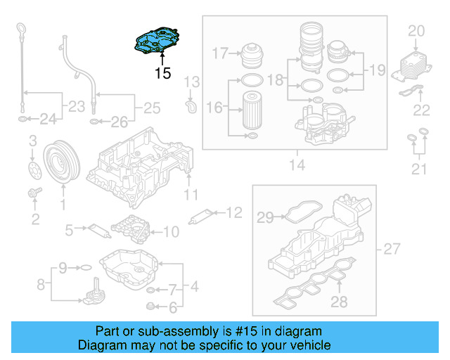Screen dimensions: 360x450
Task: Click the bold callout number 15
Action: (162, 73)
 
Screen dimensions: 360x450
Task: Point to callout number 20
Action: (416, 30)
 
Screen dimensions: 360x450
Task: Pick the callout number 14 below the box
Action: (296, 165)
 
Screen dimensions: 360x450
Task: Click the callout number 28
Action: (340, 303)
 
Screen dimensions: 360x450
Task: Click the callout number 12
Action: (233, 211)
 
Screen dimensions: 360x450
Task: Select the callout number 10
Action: (171, 231)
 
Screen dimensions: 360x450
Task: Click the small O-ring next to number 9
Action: (83, 268)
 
